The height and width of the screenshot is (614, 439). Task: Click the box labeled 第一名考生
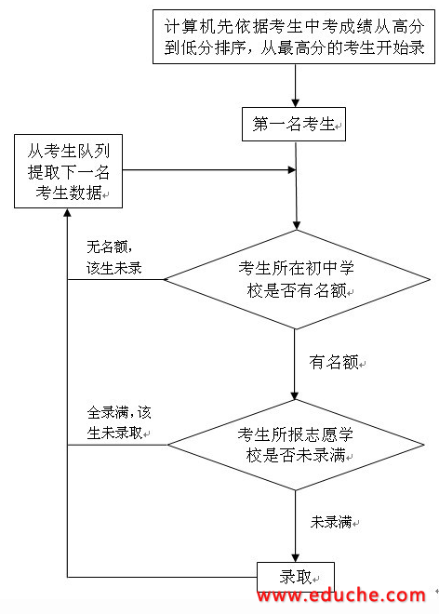coord(294,124)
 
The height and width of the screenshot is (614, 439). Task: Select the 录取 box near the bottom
coord(296,577)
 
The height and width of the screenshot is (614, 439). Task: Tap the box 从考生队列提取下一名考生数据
coord(68,171)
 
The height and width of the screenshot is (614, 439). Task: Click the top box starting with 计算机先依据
coord(294,37)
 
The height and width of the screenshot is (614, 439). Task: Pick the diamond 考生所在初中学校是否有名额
coord(297,279)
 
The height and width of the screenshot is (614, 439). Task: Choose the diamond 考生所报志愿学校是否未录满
coord(296,445)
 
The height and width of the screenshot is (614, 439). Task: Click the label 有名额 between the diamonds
coord(334,362)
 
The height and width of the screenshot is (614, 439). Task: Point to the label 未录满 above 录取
coord(331,522)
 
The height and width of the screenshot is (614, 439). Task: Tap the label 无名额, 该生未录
coord(114,258)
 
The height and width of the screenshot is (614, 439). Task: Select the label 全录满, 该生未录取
coord(119,422)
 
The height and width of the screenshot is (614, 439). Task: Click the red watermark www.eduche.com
coord(341,596)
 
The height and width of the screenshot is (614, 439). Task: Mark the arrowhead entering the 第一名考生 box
coord(295,103)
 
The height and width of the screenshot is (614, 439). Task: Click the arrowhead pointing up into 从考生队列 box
coord(67,213)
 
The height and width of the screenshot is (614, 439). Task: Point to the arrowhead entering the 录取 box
coord(295,558)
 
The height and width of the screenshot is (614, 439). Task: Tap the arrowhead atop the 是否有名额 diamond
coord(297,225)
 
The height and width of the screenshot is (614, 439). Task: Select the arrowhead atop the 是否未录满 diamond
coord(295,395)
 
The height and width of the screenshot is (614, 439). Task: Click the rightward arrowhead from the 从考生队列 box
coord(292,169)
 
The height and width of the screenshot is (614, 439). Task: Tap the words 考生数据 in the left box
coord(69,193)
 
